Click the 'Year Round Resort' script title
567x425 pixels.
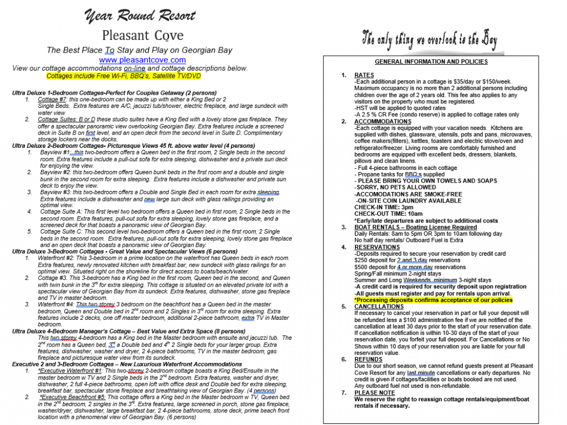(140, 17)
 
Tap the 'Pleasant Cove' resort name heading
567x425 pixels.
(142, 36)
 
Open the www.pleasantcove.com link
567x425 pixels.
(142, 60)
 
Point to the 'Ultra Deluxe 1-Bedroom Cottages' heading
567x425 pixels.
(114, 92)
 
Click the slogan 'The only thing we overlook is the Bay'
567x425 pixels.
(429, 40)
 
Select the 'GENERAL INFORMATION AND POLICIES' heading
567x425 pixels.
(431, 61)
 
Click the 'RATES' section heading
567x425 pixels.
(364, 75)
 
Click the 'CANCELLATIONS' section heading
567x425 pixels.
(379, 307)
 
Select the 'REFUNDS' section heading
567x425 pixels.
(368, 360)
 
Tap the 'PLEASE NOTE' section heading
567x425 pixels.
(374, 393)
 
